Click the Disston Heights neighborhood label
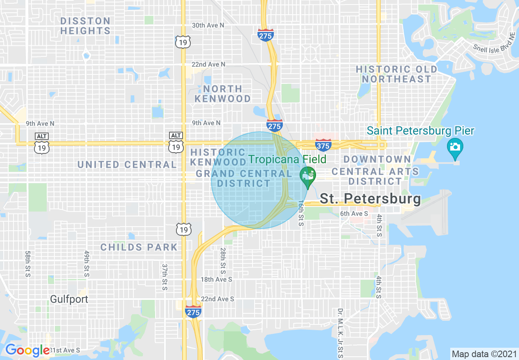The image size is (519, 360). click(x=85, y=26)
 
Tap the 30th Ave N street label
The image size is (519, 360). click(x=208, y=25)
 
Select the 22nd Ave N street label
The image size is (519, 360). click(x=208, y=65)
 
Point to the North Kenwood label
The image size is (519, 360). click(x=223, y=94)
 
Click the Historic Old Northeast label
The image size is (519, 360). click(x=396, y=74)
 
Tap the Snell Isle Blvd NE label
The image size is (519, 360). click(x=494, y=43)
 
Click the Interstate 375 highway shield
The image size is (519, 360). click(x=323, y=145)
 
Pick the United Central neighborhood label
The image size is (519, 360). click(x=127, y=164)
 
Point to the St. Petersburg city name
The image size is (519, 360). click(x=370, y=199)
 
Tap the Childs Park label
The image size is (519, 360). click(x=139, y=247)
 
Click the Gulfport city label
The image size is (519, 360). click(x=69, y=299)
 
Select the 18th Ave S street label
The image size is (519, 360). click(x=216, y=279)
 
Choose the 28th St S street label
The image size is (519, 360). click(x=223, y=260)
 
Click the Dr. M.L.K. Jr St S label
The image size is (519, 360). click(x=340, y=332)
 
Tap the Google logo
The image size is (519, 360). click(x=27, y=351)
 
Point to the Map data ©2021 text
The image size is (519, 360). click(x=483, y=353)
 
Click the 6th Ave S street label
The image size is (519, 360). click(x=354, y=214)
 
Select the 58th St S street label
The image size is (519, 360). click(x=28, y=264)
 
